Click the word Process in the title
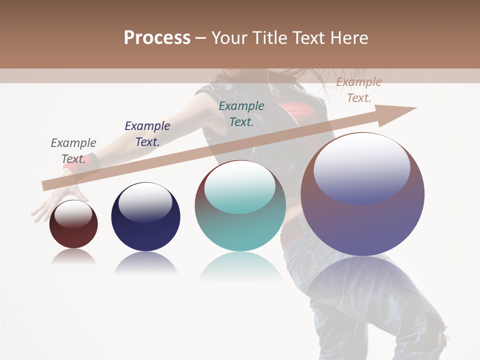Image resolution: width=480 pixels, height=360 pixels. click(x=157, y=37)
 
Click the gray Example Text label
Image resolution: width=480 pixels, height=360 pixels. click(x=73, y=150)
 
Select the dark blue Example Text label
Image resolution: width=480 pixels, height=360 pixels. click(x=147, y=133)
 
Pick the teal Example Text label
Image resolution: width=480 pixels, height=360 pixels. click(x=241, y=113)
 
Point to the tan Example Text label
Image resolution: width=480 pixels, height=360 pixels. click(x=358, y=90)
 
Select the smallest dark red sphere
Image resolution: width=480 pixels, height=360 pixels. click(x=73, y=235)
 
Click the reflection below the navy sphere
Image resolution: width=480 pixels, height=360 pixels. click(x=145, y=262)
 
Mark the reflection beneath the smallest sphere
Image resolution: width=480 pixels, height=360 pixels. click(x=73, y=256)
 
